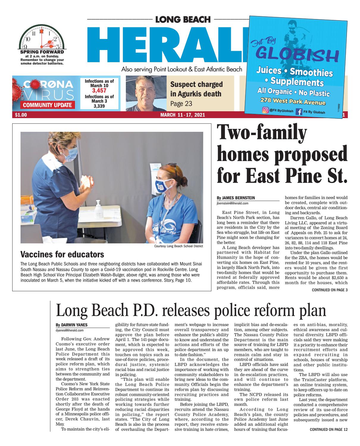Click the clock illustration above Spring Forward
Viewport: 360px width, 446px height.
(42, 37)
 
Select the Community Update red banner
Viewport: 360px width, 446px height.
(47, 105)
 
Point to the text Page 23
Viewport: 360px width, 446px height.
(181, 104)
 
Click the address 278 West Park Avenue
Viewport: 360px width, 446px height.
(293, 101)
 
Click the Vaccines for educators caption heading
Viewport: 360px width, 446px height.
(62, 254)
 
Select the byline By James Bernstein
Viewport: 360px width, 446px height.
(236, 198)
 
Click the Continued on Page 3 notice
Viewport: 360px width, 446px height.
(329, 290)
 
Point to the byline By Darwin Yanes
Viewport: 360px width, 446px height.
(71, 325)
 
